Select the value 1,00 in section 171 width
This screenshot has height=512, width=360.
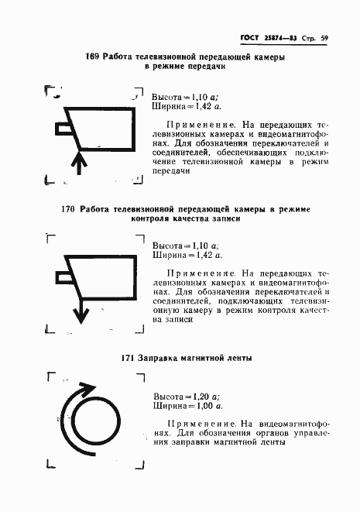pyautogui.click(x=203, y=404)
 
